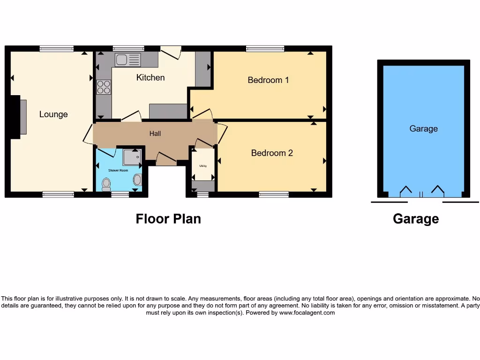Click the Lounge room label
coord(53,114)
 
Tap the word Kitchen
coord(150,77)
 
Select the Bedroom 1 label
coord(268,80)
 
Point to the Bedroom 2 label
coord(272,153)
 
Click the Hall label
coord(155,134)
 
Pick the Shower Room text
coord(118,171)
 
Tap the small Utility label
coord(203,166)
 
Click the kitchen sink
coord(127,60)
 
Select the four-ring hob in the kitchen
coord(104,87)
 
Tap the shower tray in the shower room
coord(132,157)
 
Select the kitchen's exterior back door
coord(171,52)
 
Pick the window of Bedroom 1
coord(265,48)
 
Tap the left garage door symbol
coord(405,191)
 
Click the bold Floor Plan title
coord(168,219)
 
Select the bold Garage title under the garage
coord(416,219)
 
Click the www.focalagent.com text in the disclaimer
coord(307,313)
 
